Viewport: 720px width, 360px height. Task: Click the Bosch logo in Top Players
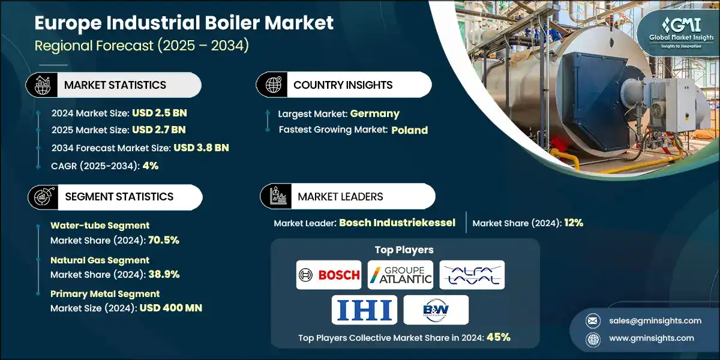(x=329, y=275)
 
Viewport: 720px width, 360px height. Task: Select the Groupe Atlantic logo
(x=400, y=275)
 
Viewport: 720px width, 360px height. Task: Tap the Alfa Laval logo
(x=472, y=275)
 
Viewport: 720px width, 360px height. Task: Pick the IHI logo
(x=364, y=310)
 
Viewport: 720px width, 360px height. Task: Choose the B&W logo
(x=436, y=310)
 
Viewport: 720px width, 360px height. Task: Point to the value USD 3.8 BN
(x=201, y=148)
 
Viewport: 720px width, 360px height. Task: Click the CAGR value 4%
(x=151, y=166)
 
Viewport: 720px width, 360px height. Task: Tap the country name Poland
(x=410, y=130)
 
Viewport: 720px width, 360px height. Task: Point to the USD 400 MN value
(x=170, y=308)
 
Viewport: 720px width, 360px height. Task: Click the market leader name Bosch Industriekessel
(x=397, y=223)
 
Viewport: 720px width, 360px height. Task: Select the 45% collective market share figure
(x=498, y=337)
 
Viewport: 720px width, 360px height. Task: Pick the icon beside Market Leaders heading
(x=278, y=196)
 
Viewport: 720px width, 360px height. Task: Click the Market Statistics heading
(x=115, y=85)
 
